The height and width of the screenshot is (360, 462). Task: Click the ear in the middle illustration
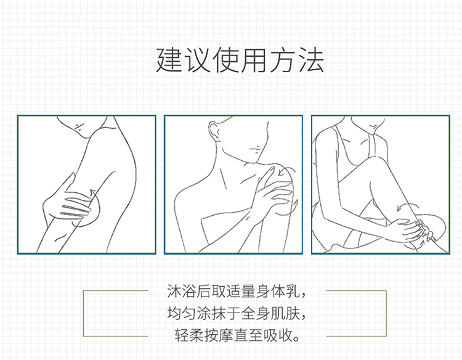(x=213, y=129)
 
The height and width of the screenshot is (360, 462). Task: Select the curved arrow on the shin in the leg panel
(x=407, y=205)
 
